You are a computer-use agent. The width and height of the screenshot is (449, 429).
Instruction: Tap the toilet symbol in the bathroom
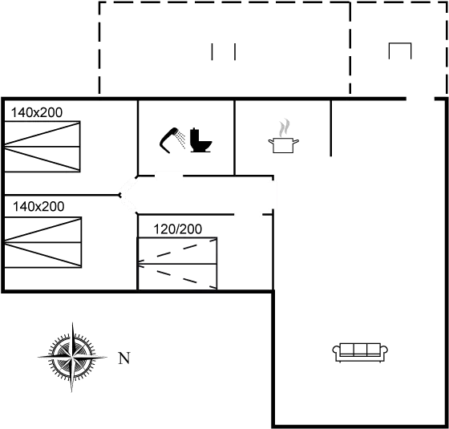point(200,140)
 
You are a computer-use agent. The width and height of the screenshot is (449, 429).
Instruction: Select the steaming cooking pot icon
point(283,136)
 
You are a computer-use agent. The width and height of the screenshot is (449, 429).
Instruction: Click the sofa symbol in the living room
point(360,352)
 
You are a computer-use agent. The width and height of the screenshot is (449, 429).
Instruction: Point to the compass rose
point(72,357)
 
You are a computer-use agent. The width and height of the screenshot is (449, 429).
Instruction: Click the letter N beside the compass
point(124,358)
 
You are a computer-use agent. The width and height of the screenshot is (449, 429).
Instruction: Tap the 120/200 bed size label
point(177,229)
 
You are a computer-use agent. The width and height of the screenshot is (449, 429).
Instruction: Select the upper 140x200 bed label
point(37,112)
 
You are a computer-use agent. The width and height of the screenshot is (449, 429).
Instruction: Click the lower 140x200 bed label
point(38,207)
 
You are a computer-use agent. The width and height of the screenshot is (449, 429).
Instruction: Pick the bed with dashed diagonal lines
point(177,264)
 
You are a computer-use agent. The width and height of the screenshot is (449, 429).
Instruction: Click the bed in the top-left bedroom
point(42,147)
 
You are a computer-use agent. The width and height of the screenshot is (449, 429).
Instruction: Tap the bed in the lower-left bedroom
point(43,242)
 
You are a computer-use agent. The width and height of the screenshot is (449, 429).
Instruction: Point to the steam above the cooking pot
point(285,127)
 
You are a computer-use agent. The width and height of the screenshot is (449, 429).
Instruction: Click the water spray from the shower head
point(181,139)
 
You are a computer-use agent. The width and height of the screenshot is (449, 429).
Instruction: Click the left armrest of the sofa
point(336,351)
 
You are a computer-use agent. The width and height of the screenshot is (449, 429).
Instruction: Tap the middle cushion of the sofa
point(360,349)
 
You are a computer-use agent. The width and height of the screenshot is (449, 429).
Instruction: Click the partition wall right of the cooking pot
point(331,128)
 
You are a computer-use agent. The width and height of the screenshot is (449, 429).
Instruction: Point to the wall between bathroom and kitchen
point(234,138)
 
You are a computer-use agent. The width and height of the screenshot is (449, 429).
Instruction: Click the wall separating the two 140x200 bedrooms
point(62,196)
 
